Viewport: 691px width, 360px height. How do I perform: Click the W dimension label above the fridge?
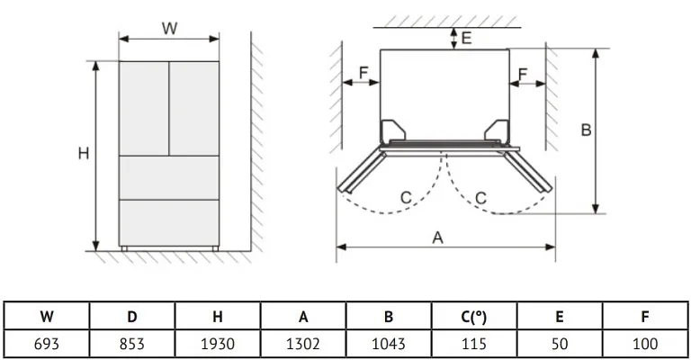(x=169, y=28)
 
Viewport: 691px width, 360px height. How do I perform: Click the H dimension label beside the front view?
(x=83, y=154)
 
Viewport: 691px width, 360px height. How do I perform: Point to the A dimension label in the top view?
(x=438, y=238)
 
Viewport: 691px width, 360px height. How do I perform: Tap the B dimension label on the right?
(x=585, y=130)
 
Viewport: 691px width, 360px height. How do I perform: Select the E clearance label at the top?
(x=466, y=38)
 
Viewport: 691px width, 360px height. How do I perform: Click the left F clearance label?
(x=363, y=72)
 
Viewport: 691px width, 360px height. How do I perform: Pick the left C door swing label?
(x=406, y=197)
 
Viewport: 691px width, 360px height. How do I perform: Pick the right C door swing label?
(x=481, y=197)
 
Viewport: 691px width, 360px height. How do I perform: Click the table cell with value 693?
(x=47, y=343)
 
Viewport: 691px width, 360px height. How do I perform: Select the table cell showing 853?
(x=132, y=343)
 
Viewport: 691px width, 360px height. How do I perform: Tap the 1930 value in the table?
(x=218, y=343)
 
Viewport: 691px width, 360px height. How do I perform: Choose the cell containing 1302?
(x=303, y=343)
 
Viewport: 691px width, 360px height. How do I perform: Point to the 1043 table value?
(x=389, y=343)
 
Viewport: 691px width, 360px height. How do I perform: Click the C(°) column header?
(x=474, y=317)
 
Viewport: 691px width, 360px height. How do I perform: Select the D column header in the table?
(x=132, y=317)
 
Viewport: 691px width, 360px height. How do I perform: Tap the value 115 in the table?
(x=474, y=343)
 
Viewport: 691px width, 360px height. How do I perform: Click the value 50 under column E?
(x=560, y=343)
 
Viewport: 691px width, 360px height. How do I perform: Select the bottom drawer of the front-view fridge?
(x=169, y=220)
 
